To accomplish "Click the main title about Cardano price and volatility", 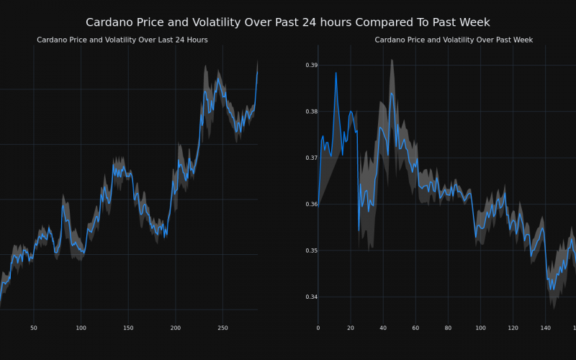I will [x=288, y=22].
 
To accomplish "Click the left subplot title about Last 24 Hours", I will [x=122, y=40].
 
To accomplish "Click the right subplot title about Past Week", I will [x=454, y=40].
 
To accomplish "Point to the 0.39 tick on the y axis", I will [x=311, y=66].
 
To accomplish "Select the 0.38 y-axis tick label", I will [x=311, y=112].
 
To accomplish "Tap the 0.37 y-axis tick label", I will [x=311, y=158].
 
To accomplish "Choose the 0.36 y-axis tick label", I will [x=311, y=204].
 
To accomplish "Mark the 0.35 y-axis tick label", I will [x=311, y=251].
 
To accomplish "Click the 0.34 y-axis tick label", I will [x=311, y=297].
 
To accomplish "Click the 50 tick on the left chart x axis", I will [x=34, y=328].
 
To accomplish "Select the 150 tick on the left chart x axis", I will [x=128, y=328].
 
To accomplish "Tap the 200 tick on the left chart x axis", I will [x=176, y=328].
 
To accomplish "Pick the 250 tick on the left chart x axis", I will [x=222, y=328].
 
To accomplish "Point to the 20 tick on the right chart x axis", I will [x=351, y=328].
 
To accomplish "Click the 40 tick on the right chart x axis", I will [x=383, y=328].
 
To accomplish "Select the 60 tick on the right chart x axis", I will [x=415, y=328].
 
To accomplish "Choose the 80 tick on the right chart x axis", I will [x=448, y=328].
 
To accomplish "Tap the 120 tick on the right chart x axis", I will [x=513, y=328].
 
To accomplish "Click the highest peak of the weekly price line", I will [x=336, y=73].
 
